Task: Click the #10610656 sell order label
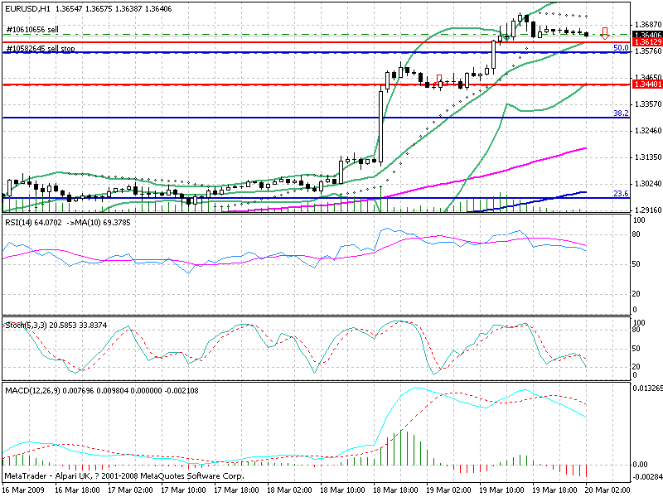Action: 32,30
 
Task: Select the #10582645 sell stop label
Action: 41,49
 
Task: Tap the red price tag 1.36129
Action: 646,41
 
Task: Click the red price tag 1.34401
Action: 646,84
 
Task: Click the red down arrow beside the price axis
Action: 606,34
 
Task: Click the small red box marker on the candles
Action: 439,79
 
